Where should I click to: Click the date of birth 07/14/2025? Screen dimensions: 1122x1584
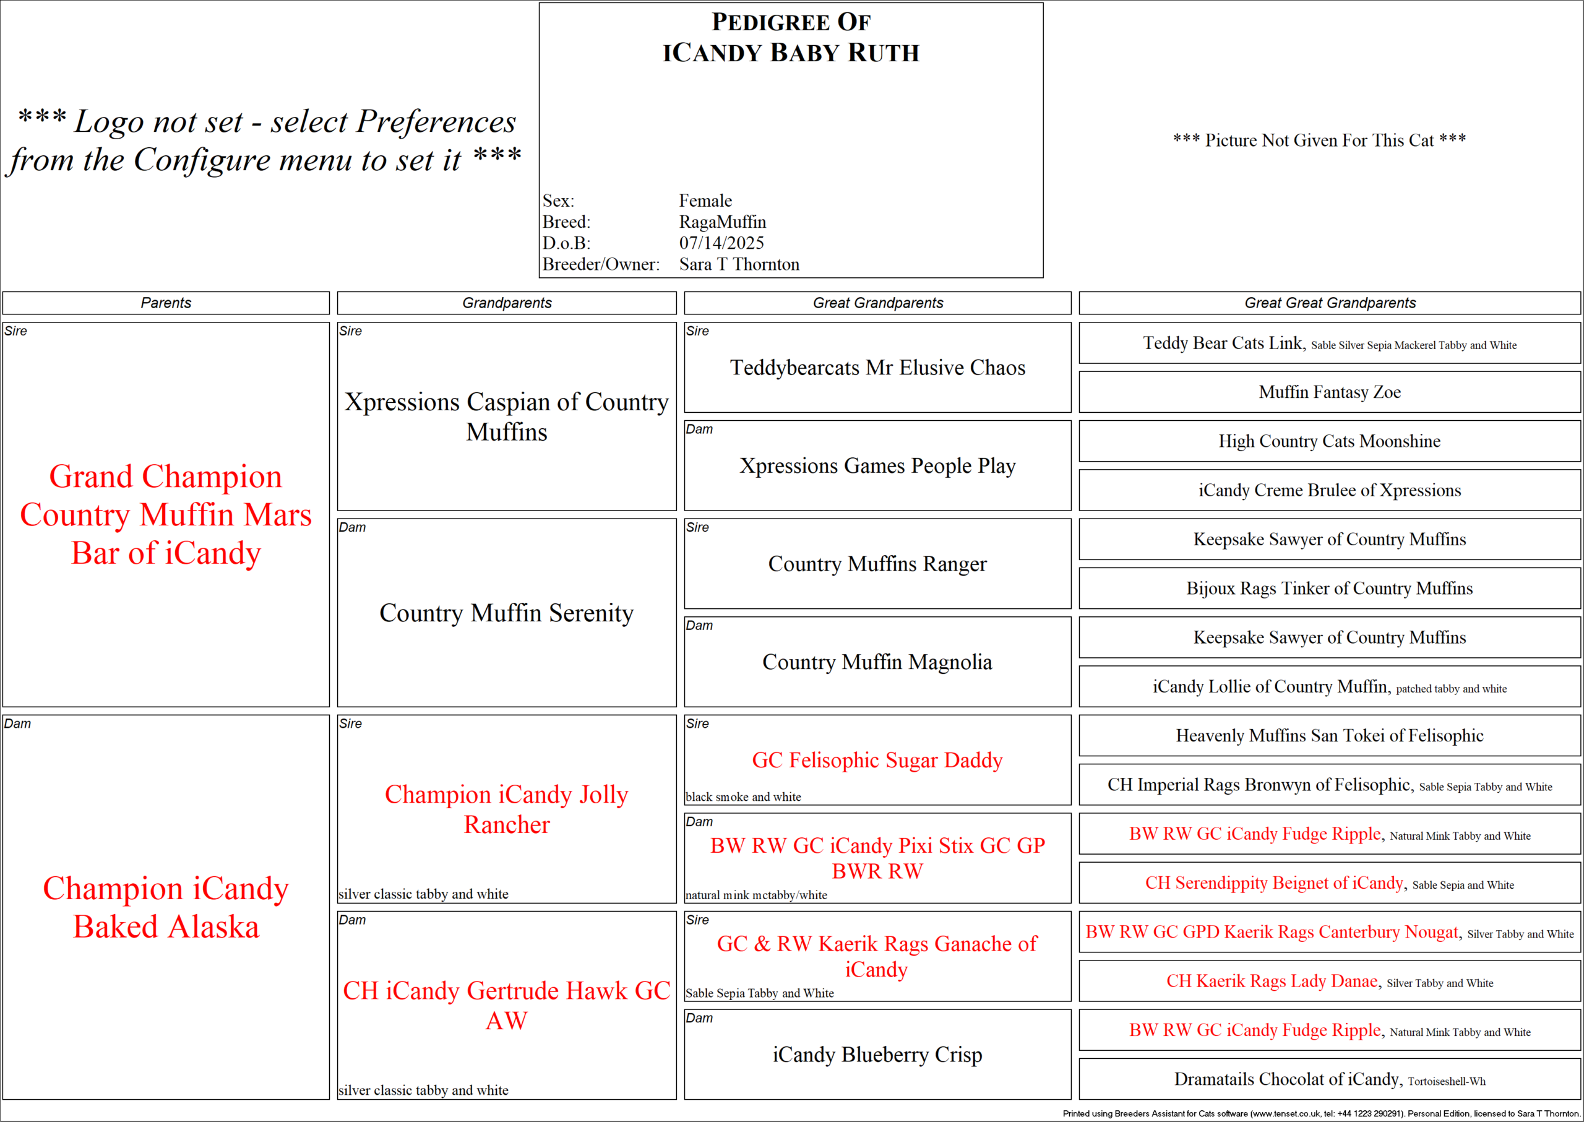coord(721,243)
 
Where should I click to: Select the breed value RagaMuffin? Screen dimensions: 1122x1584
coord(722,222)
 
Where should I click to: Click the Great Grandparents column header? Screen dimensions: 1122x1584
coord(877,303)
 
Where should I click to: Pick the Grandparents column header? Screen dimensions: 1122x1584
coord(506,303)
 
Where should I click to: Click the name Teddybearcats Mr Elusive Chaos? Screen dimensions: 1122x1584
coord(877,368)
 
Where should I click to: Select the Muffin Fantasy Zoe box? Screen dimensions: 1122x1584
coord(1329,392)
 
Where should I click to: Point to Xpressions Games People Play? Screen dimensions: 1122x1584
coord(877,465)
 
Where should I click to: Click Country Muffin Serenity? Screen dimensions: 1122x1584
coord(506,613)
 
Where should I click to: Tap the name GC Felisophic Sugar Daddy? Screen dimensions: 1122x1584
coord(877,760)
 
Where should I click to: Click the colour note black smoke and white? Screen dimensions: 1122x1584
coord(742,796)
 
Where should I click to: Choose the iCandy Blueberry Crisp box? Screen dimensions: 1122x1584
coord(877,1055)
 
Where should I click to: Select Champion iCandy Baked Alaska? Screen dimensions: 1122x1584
coord(166,907)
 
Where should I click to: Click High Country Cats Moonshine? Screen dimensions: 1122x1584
coord(1329,441)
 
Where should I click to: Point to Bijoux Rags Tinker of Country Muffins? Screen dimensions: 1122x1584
coord(1329,589)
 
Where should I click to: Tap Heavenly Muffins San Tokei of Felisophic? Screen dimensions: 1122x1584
coord(1329,736)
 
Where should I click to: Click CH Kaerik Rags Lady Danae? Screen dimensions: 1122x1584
coord(1271,981)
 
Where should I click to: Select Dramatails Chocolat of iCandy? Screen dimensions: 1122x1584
coord(1286,1079)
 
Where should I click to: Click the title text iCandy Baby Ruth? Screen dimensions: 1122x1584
coord(791,53)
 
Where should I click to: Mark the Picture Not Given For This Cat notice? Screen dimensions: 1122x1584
coord(1319,140)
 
